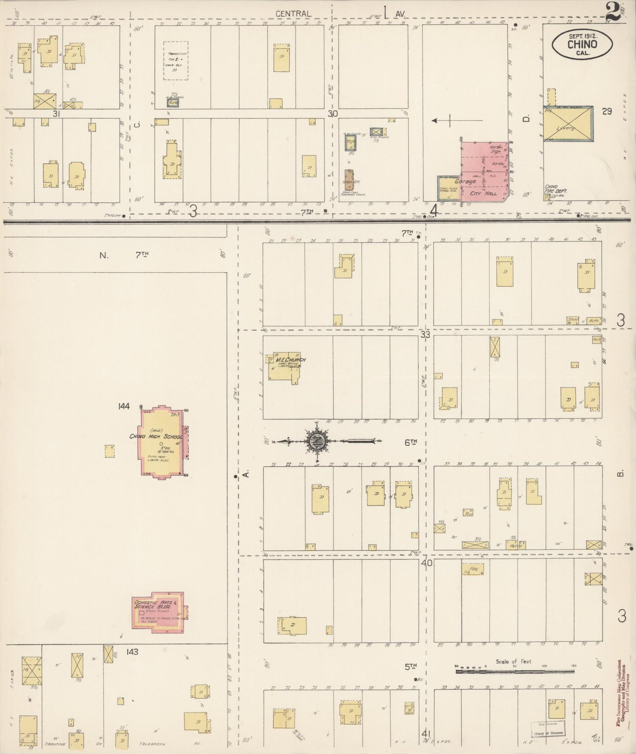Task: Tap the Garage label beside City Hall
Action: [x=465, y=181]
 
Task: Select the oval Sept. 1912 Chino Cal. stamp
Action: [x=582, y=44]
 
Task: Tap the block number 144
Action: [x=124, y=406]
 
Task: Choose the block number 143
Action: [x=132, y=652]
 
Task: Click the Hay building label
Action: [x=473, y=570]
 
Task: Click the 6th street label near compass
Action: [x=410, y=443]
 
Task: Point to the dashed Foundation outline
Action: [x=176, y=61]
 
